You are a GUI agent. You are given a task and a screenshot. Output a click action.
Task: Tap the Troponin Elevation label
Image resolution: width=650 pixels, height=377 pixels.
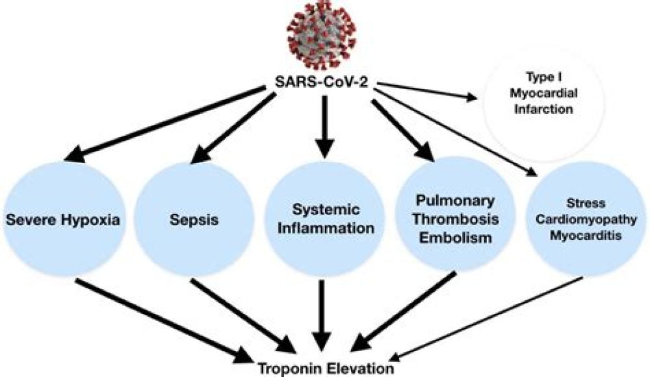coord(324,368)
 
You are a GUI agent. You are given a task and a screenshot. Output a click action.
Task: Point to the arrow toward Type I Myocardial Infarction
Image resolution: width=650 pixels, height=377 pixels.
coord(429,91)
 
